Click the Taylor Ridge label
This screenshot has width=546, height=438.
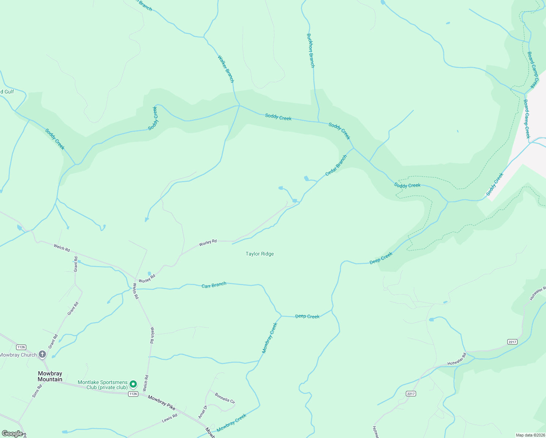point(259,254)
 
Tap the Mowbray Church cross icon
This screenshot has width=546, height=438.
point(42,354)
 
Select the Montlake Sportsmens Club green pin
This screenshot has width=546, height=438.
point(134,384)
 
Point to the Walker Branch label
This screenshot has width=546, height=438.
point(226,69)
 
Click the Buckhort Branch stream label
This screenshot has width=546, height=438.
point(310,51)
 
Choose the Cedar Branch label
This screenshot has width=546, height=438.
point(336,165)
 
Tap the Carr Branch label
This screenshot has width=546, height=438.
point(214,285)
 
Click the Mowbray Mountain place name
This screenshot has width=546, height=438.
point(50,376)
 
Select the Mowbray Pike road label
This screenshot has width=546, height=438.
point(161,402)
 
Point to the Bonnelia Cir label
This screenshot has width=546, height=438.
point(225,398)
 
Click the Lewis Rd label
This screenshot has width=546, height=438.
point(169,418)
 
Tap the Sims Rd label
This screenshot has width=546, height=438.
point(37,391)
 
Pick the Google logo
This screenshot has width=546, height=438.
point(12,434)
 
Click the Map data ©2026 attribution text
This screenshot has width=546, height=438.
point(530,435)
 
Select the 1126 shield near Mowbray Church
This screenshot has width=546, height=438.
point(21,347)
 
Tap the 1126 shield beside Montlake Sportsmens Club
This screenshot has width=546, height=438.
point(133,394)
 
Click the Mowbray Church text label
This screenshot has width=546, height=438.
point(18,355)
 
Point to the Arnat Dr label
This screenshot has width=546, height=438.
point(203,412)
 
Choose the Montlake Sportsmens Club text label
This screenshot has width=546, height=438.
point(103,385)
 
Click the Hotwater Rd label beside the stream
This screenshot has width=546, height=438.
point(457,359)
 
